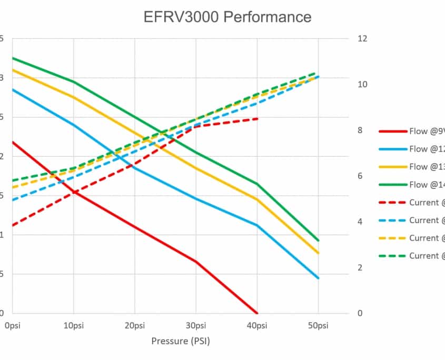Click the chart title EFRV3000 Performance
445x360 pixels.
(228, 17)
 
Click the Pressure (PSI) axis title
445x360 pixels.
(181, 341)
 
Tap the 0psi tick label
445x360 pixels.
(12, 325)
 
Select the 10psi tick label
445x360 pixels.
(73, 325)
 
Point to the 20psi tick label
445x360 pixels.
(134, 325)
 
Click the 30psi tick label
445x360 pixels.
(196, 325)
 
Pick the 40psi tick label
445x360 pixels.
(257, 325)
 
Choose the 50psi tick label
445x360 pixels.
(318, 325)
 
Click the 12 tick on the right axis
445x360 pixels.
(362, 39)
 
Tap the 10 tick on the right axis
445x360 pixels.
(362, 85)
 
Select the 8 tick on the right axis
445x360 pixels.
(360, 131)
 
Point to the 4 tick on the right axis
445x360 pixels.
(360, 222)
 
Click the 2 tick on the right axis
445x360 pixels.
(360, 268)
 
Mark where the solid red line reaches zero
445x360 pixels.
(257, 313)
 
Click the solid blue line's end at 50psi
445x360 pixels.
(318, 278)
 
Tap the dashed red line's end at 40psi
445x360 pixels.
(257, 119)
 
